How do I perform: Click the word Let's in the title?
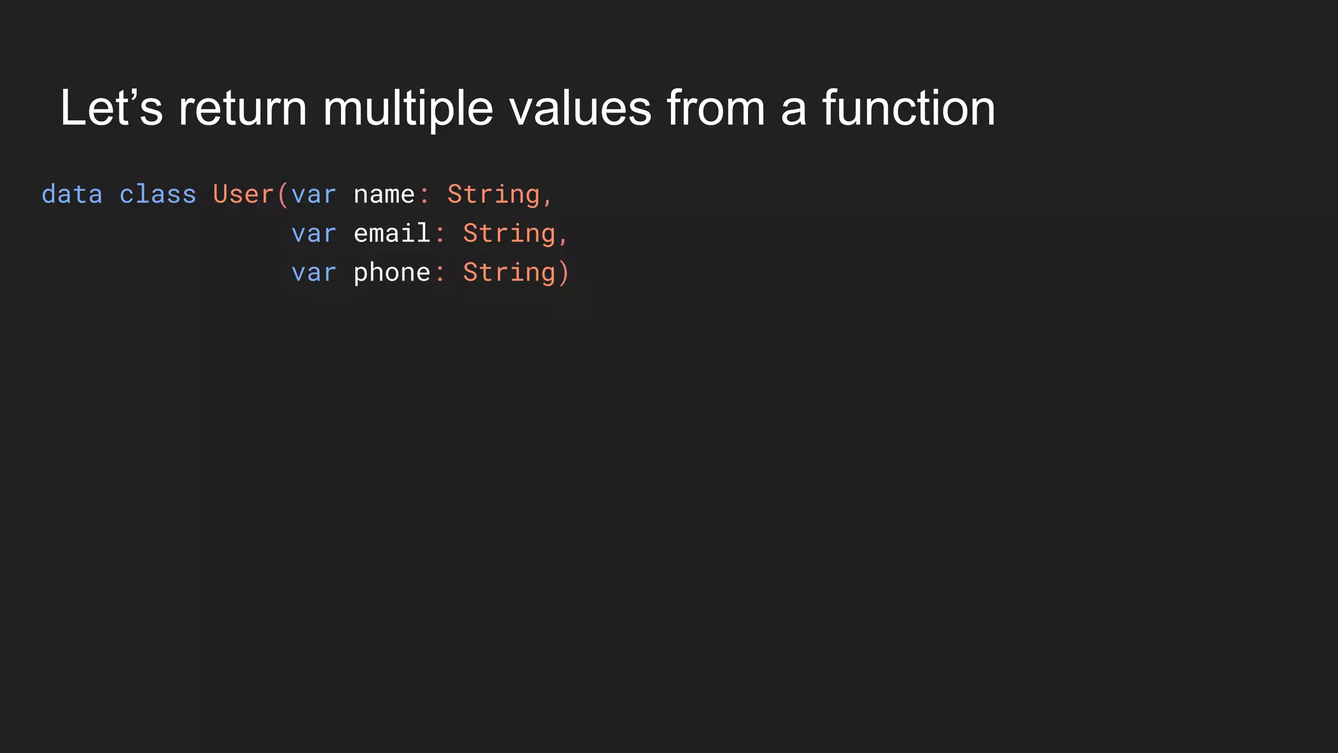coord(111,108)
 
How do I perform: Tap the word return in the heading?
coord(242,108)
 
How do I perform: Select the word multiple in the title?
coord(408,109)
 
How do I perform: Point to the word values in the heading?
coord(580,108)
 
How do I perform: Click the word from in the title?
coord(715,108)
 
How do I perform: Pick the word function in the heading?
coord(908,108)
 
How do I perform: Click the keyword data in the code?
coord(72,195)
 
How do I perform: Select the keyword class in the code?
coord(157,195)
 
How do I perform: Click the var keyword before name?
coord(314,195)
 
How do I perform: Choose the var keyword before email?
coord(314,234)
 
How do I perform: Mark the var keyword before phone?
coord(314,273)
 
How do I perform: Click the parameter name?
coord(384,195)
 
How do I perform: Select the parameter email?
coord(392,233)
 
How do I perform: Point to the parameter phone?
coord(392,273)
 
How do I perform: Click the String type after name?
coord(493,195)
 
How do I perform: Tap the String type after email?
coord(509,234)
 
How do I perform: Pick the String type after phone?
coord(509,273)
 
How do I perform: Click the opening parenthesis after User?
coord(282,195)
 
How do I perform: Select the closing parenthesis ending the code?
coord(564,273)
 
